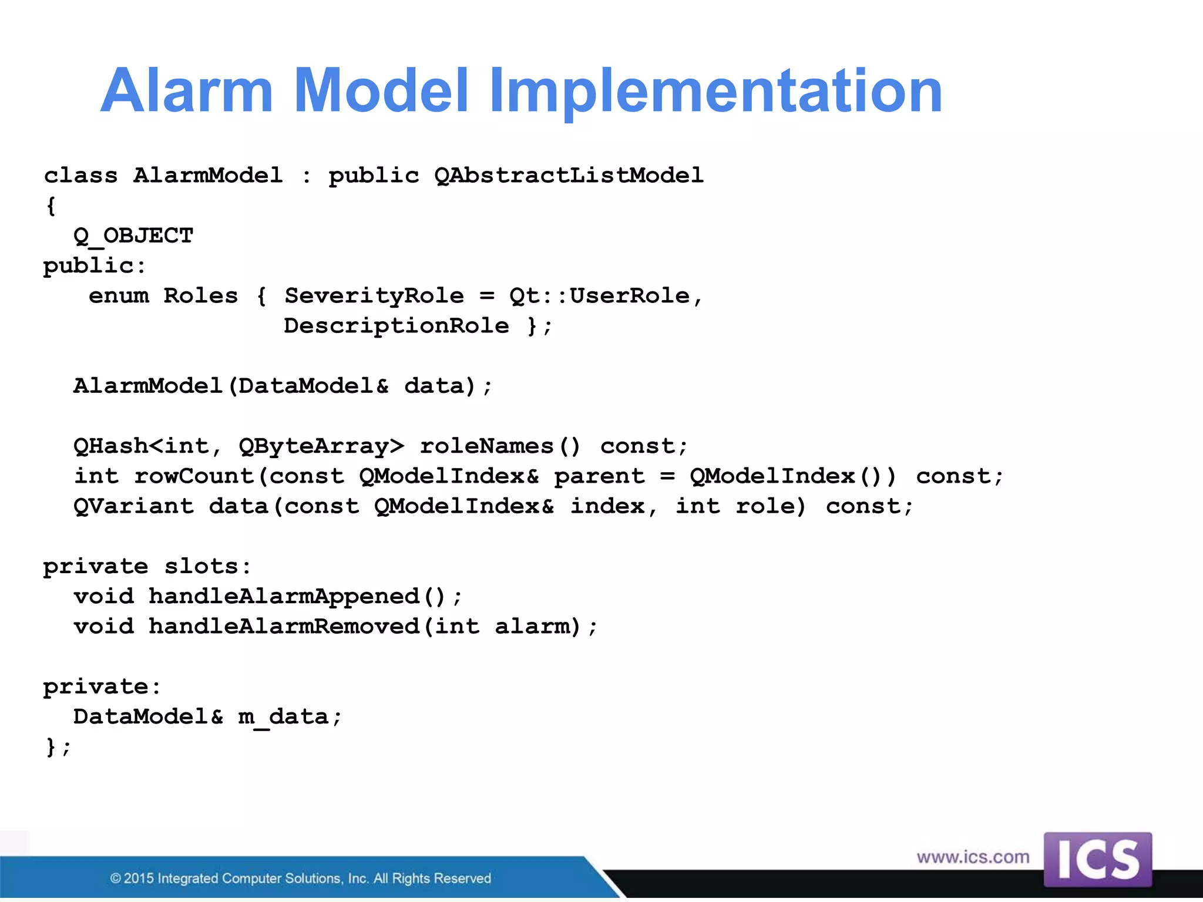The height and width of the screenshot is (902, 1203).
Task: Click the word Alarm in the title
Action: [187, 91]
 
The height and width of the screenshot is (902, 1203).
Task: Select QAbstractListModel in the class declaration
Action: [569, 176]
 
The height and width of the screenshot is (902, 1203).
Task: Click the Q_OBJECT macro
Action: [133, 236]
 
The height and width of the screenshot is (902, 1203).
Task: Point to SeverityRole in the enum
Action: [374, 296]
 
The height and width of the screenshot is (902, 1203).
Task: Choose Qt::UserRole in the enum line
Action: [599, 296]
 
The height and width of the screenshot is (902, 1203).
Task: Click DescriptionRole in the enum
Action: [396, 326]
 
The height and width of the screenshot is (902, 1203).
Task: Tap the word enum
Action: [119, 296]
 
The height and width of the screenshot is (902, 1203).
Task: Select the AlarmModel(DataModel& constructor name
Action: [230, 386]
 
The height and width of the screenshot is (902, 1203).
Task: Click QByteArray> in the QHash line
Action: [321, 446]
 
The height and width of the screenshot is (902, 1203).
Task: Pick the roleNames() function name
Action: [500, 446]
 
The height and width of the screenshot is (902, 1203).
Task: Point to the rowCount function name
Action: [194, 476]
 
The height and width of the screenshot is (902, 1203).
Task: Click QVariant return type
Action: [133, 506]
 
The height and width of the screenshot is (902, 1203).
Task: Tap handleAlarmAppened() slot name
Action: [298, 597]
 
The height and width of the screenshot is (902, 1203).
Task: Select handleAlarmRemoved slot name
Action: [284, 627]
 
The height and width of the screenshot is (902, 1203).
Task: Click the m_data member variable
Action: [283, 717]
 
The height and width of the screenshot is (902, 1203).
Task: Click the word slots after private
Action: [201, 567]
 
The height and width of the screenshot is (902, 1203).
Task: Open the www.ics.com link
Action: [973, 857]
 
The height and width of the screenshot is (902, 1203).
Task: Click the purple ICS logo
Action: [1097, 859]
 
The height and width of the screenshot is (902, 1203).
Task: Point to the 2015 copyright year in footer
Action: [139, 879]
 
